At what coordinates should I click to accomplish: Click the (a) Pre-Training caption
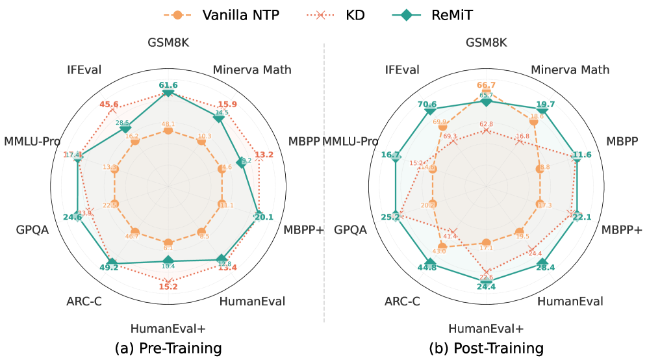point(168,348)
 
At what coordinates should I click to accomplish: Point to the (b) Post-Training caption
point(487,348)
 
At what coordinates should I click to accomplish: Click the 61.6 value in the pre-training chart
point(168,84)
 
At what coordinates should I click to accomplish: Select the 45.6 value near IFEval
point(108,104)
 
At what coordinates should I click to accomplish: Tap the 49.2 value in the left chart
point(108,267)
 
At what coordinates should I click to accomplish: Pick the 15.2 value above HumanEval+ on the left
point(168,287)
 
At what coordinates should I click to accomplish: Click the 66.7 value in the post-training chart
point(487,84)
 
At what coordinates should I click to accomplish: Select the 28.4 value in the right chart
point(546,267)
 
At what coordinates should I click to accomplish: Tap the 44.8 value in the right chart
point(427,267)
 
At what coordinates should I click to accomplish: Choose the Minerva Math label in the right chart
point(570,70)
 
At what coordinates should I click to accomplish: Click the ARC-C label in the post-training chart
point(402,301)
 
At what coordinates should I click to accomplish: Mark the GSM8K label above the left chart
point(168,43)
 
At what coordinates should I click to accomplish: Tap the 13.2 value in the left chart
point(264,155)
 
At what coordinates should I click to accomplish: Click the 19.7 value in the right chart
point(546,104)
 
